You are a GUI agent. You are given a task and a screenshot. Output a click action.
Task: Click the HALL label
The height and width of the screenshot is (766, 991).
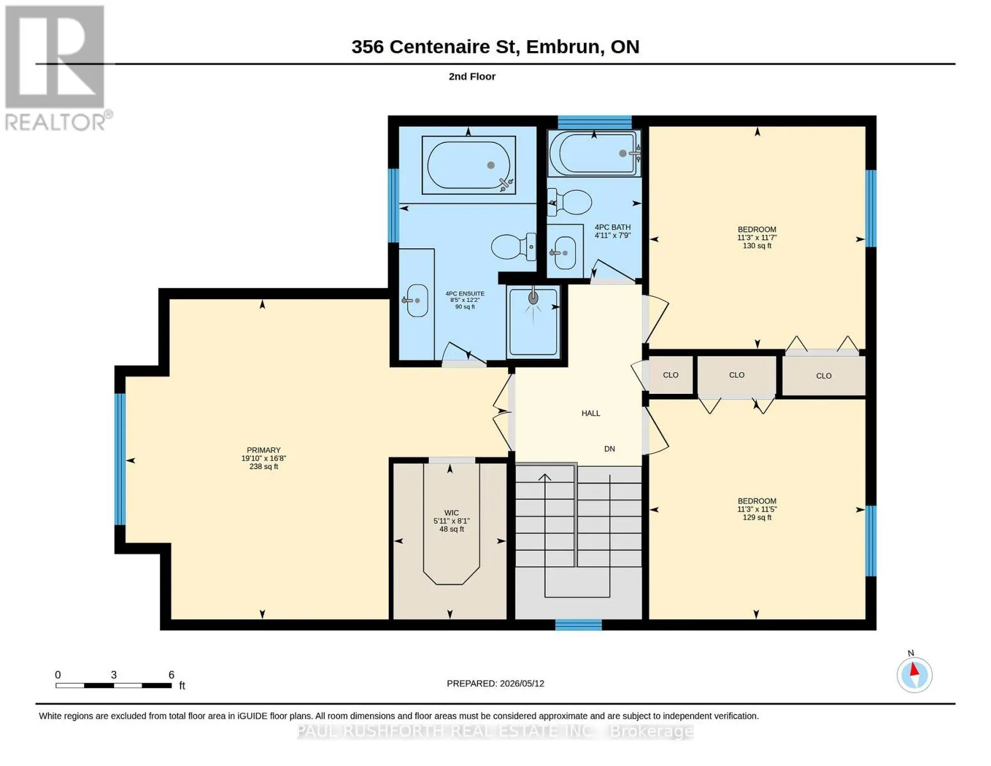coord(591,414)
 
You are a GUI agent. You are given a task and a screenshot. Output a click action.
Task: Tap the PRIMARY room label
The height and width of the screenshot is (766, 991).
coord(264,450)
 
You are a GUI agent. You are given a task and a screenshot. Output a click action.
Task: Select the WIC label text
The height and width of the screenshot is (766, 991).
coord(452,513)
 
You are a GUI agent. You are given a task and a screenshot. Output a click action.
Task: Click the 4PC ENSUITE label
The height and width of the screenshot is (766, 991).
coord(465,294)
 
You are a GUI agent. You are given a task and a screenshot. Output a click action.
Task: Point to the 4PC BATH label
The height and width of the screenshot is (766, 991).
coord(613,227)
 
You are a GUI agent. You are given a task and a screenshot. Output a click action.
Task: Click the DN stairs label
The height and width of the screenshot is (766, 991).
coord(609,449)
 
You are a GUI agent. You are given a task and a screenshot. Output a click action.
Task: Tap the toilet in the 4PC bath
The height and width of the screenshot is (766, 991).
coord(569,202)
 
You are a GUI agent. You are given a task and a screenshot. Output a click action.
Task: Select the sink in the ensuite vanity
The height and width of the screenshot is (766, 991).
coord(416,301)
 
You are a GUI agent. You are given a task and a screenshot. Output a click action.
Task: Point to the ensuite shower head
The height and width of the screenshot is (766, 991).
coord(533,297)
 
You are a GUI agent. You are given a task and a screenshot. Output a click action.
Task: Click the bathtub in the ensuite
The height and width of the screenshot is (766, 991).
coord(468,165)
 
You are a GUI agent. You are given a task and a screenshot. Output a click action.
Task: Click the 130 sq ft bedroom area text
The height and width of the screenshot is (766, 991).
coord(757,246)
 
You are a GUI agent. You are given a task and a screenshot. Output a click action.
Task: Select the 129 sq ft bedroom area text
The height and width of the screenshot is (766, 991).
coord(757,517)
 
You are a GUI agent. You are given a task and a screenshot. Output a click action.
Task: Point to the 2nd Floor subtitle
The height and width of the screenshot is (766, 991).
coord(472,77)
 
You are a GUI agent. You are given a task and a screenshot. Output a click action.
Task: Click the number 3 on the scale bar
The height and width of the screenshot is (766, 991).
coord(114,675)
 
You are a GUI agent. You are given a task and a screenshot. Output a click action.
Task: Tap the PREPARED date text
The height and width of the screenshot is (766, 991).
coord(495,684)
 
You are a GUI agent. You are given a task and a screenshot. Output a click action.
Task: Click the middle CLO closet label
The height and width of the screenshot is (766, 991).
coord(736,375)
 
